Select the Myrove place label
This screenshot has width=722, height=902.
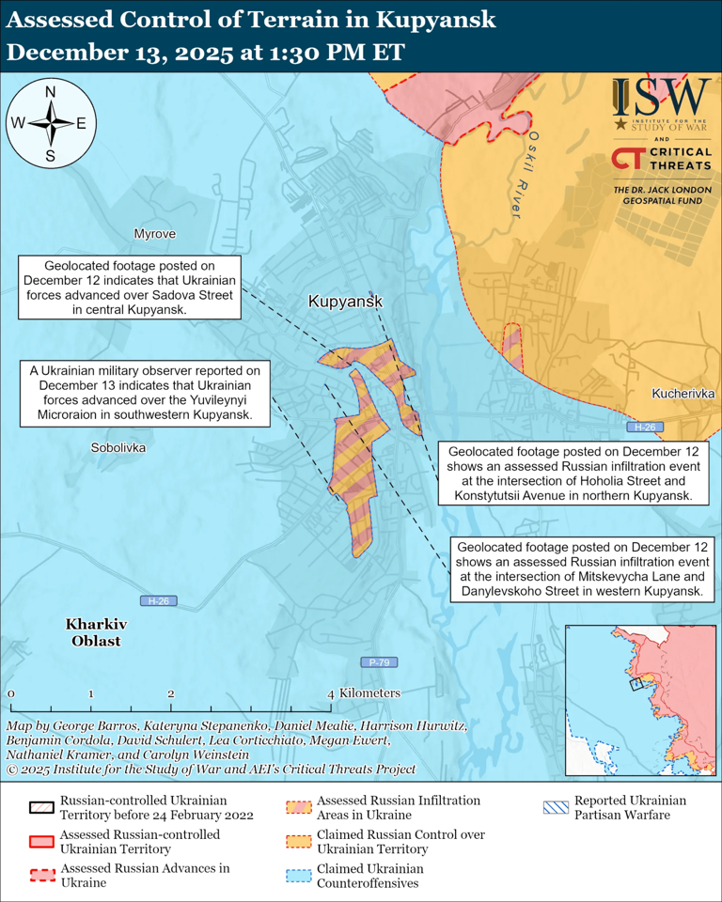(x=154, y=234)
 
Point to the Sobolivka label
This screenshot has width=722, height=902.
(x=118, y=448)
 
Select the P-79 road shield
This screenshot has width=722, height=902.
(x=378, y=662)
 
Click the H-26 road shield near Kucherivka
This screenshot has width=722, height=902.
(x=644, y=428)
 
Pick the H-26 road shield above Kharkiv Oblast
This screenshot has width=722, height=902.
(x=155, y=600)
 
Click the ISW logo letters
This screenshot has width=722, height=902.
(x=662, y=97)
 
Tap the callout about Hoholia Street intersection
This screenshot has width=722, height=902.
(x=573, y=473)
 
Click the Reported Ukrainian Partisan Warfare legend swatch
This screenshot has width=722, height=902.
(x=557, y=807)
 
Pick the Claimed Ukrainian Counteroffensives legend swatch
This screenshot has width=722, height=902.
(x=300, y=876)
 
